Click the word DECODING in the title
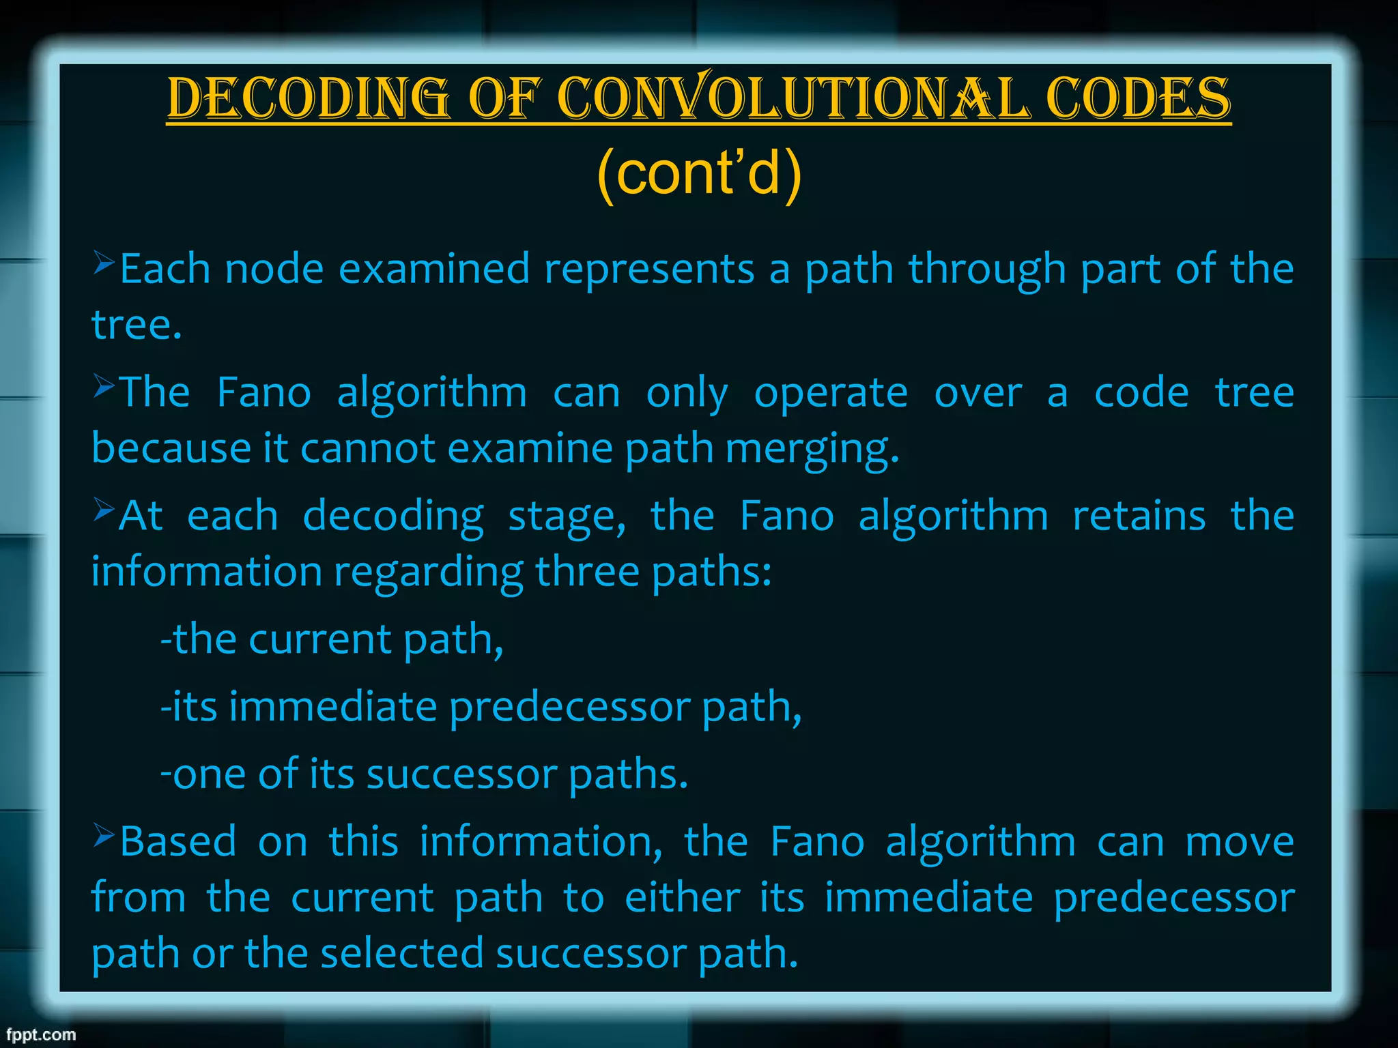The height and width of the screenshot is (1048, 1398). click(309, 98)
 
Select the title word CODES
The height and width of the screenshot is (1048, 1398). click(1138, 98)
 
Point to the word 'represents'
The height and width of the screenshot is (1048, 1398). click(649, 269)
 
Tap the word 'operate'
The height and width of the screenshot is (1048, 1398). click(831, 393)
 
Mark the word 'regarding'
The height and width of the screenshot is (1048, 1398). click(429, 572)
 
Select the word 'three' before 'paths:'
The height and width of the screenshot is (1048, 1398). click(587, 572)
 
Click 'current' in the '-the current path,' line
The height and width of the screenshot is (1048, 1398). click(320, 639)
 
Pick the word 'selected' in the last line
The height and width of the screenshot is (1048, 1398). click(402, 953)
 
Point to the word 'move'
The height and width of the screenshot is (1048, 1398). click(1239, 842)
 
